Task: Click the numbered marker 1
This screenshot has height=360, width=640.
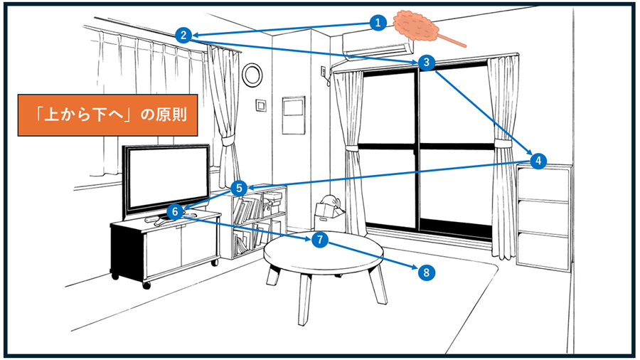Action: click(x=378, y=23)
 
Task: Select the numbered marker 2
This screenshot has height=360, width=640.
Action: click(x=183, y=34)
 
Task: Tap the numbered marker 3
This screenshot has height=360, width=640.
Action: click(x=426, y=62)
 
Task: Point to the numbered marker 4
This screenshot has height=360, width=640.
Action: click(x=538, y=161)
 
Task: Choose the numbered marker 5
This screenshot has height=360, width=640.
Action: click(x=240, y=189)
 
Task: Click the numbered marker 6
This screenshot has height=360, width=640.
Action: click(x=175, y=211)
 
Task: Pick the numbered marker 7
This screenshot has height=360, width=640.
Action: click(x=320, y=240)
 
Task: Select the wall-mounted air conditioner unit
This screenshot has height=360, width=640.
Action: click(x=377, y=49)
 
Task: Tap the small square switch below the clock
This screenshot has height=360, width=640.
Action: click(x=261, y=106)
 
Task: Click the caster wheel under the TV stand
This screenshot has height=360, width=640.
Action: click(x=146, y=285)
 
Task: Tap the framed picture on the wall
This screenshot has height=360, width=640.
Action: click(x=294, y=116)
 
